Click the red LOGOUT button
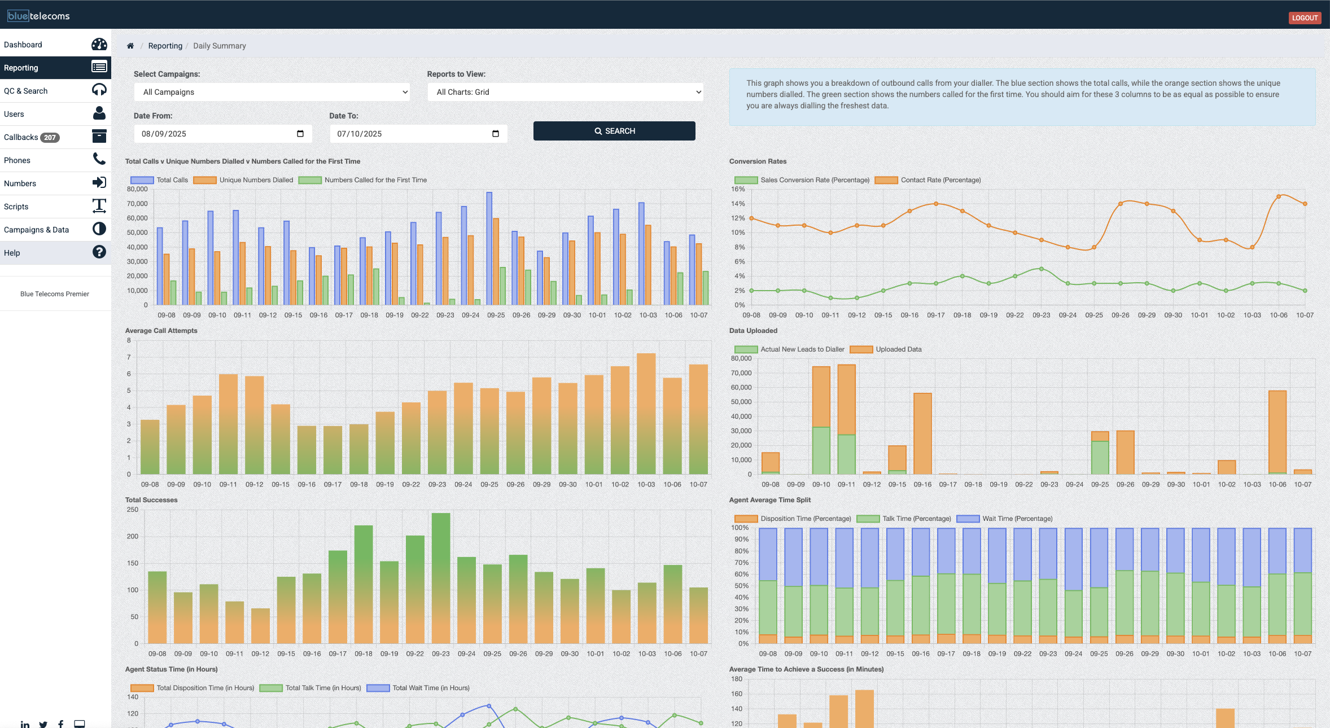click(x=1305, y=18)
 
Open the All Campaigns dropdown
click(x=272, y=92)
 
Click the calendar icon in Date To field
click(x=496, y=134)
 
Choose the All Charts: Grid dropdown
click(x=566, y=92)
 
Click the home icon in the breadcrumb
click(x=130, y=46)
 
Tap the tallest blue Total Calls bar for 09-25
click(x=489, y=248)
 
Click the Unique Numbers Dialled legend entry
click(x=256, y=180)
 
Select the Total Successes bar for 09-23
click(x=441, y=578)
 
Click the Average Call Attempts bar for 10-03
click(x=646, y=414)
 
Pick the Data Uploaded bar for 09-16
click(x=922, y=433)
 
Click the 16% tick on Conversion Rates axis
click(x=738, y=189)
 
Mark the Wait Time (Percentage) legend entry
click(x=1017, y=519)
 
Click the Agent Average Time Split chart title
click(x=769, y=500)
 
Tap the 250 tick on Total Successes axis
click(x=133, y=510)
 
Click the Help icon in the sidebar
click(x=99, y=252)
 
